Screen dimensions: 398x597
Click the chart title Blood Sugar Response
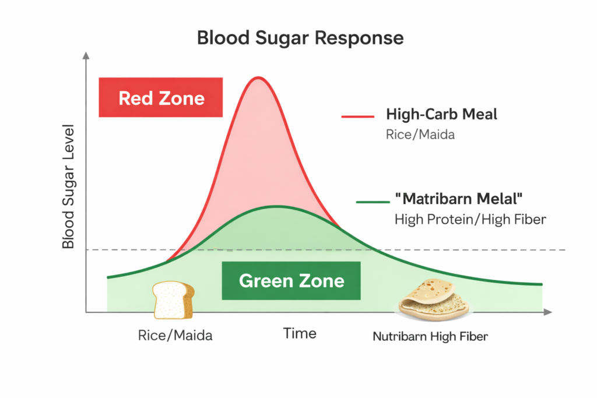pos(300,38)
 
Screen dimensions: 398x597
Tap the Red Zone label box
pos(161,97)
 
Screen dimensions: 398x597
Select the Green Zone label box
pos(291,281)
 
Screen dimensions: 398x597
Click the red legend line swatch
pos(357,117)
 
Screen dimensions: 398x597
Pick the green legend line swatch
pos(372,202)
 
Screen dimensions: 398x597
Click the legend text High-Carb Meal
pos(441,114)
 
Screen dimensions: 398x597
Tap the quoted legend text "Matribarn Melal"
pos(458,199)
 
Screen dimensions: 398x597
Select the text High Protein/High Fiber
pos(470,220)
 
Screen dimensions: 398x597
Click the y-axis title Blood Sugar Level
pos(69,186)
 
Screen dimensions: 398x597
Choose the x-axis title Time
pos(300,333)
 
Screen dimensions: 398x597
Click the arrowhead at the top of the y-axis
pos(86,56)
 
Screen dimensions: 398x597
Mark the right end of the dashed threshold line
pos(564,250)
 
